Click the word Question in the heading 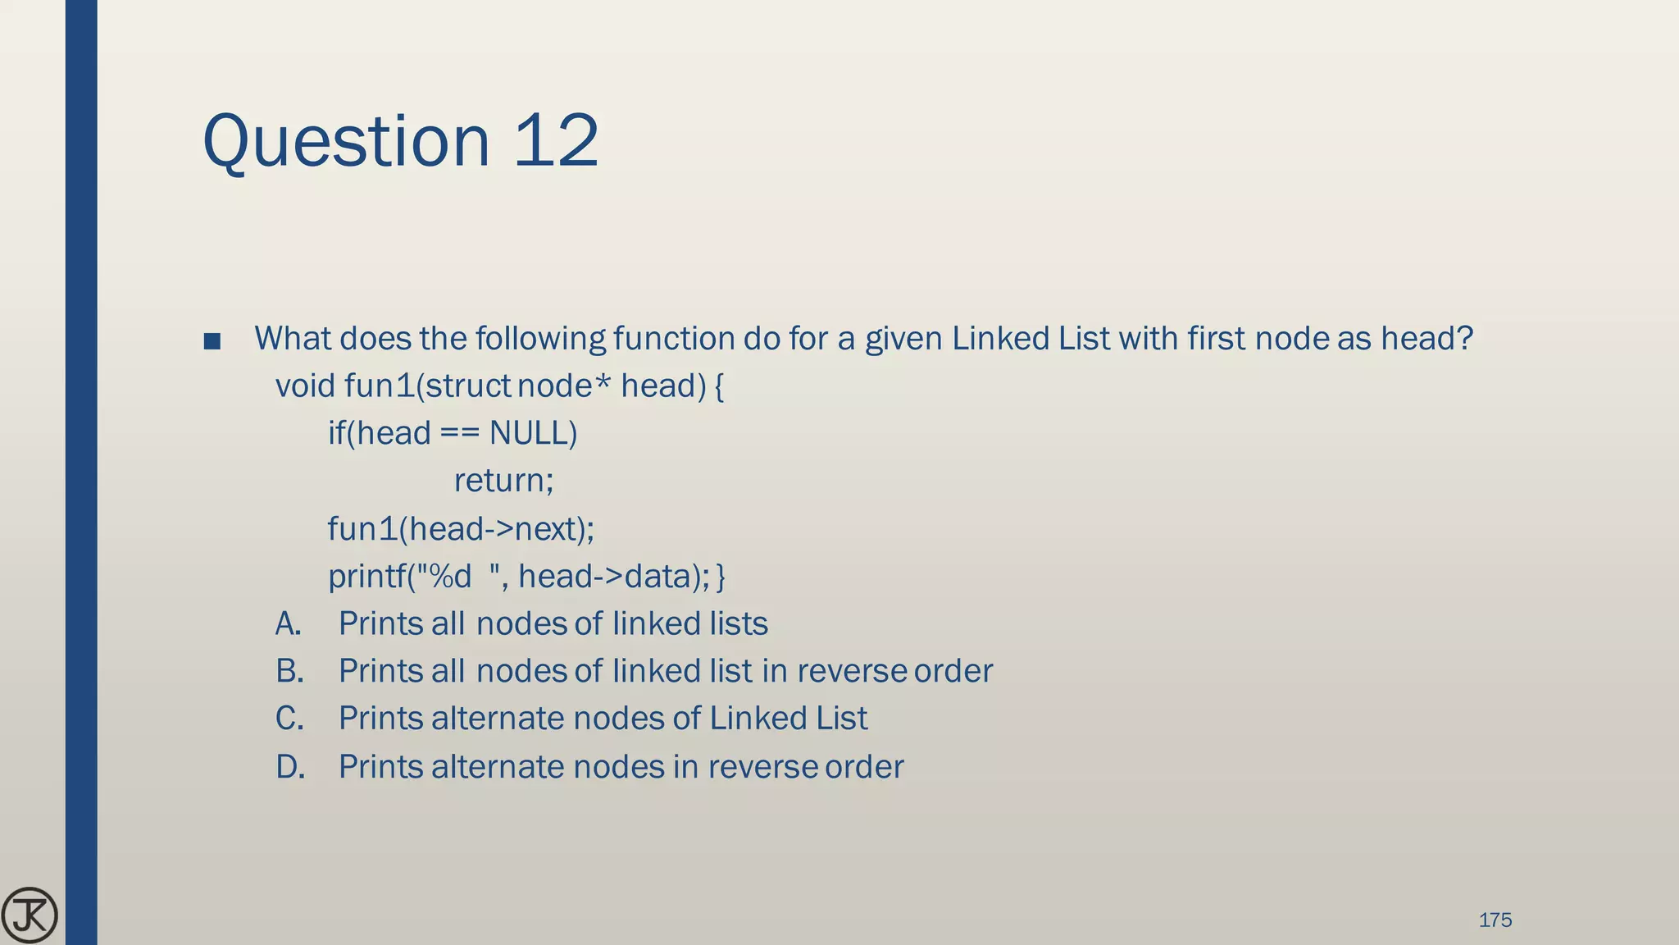tap(345, 141)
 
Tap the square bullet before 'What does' tap(212, 340)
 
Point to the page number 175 tap(1495, 920)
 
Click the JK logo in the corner tap(30, 915)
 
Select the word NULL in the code tap(532, 433)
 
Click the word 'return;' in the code tap(503, 481)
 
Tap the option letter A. tap(289, 624)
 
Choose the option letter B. tap(289, 672)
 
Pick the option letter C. tap(289, 719)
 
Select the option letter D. tap(290, 767)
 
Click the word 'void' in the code tap(305, 386)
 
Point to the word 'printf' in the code tap(366, 577)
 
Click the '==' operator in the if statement tap(459, 433)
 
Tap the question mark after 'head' tap(1465, 338)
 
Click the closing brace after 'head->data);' tap(721, 577)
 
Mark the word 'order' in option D tap(864, 767)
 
